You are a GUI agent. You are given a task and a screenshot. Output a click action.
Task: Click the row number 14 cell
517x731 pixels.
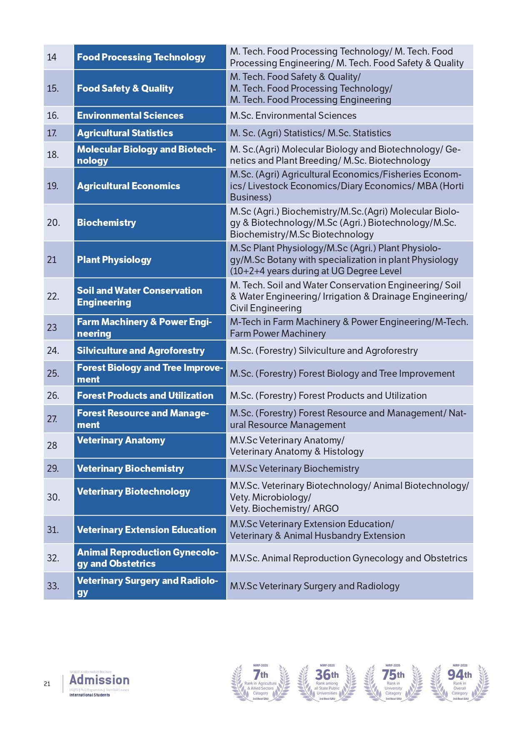(x=52, y=57)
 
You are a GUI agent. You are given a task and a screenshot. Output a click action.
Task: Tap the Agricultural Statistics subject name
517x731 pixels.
(x=125, y=133)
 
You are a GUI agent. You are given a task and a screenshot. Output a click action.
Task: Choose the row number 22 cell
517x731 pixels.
(x=53, y=296)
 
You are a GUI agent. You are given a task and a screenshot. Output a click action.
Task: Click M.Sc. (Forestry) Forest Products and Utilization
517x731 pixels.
(x=328, y=396)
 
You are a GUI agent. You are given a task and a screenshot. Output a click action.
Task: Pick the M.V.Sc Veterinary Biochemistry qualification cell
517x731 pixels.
(x=294, y=468)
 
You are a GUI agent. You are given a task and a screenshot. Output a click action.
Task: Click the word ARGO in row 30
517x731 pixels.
(x=326, y=508)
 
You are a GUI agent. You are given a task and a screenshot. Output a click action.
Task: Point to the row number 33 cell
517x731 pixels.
(x=53, y=586)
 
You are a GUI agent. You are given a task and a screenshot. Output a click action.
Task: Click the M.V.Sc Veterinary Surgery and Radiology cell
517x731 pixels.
(x=315, y=586)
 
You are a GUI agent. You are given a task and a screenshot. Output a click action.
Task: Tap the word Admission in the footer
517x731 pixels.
(x=100, y=680)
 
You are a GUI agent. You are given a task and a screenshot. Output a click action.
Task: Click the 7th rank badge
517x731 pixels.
(x=260, y=682)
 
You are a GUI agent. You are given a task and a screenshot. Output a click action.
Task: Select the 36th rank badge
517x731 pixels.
(x=327, y=682)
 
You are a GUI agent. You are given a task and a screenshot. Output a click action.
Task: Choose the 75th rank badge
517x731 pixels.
(x=393, y=682)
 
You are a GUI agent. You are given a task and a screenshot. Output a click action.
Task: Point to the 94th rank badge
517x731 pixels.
(x=460, y=682)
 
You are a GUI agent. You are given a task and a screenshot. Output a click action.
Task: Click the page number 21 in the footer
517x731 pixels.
(x=47, y=684)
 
